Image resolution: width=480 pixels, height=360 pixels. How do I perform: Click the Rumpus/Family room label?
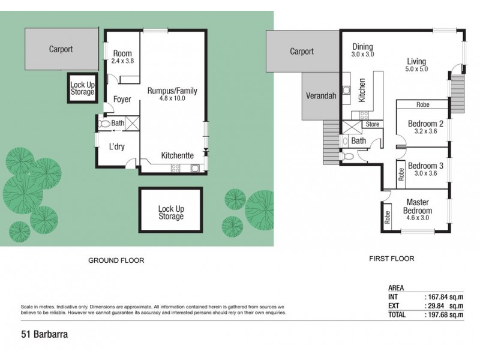[x=172, y=91]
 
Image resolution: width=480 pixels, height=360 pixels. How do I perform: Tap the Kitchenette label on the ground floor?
[x=177, y=155]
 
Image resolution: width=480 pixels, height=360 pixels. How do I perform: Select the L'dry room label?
[x=116, y=146]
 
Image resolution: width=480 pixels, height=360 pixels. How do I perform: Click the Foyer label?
[x=122, y=100]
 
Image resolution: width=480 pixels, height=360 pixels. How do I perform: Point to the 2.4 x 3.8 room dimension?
[x=122, y=61]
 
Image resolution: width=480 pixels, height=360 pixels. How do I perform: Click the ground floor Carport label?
[x=61, y=49]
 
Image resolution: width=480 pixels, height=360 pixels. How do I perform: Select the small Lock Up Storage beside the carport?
[x=82, y=88]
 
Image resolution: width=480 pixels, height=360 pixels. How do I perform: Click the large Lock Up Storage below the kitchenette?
[x=170, y=212]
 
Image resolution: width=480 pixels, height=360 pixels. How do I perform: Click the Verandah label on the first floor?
[x=320, y=95]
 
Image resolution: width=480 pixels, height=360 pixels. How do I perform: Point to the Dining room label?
[x=362, y=46]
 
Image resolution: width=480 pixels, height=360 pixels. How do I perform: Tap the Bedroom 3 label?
[x=425, y=166]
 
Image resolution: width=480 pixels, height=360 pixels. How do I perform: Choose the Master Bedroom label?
[x=418, y=206]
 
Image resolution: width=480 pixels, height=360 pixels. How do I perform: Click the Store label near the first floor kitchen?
[x=373, y=125]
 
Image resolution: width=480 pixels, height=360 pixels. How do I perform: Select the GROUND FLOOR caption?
[x=116, y=260]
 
